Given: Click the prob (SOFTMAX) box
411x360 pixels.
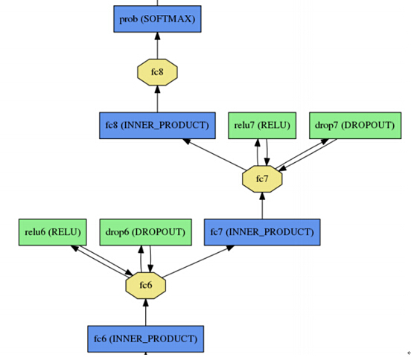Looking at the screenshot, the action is tap(157, 19).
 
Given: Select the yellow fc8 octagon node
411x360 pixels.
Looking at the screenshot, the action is tap(157, 72).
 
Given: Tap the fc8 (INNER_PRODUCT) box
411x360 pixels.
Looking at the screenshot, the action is tap(157, 126).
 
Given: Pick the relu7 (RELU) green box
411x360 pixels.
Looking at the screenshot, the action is tap(262, 126).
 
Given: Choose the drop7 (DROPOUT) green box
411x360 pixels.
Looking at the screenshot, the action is tap(355, 126).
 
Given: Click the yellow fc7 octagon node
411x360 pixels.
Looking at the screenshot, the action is tap(262, 179).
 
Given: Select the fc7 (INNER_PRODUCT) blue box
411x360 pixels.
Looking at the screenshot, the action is tap(262, 232).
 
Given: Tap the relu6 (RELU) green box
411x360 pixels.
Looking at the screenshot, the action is tap(52, 232).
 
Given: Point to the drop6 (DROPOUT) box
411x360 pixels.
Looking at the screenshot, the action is tap(145, 232).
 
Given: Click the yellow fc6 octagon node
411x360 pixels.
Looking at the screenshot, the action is tap(146, 286).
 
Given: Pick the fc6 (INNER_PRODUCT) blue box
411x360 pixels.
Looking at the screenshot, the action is tap(146, 338).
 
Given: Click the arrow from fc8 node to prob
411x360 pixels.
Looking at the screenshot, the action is tap(157, 45).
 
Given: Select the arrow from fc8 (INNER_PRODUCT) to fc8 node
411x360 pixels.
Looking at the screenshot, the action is tap(157, 99).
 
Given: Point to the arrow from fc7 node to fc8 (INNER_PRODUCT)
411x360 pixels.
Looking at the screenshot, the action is tap(214, 155).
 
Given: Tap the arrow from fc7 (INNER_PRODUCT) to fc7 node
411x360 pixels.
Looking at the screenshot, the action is tap(262, 206).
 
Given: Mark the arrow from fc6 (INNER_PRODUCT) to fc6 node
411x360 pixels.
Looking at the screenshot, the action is tap(146, 312).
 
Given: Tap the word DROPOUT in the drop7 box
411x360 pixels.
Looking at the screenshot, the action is tap(368, 126).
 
